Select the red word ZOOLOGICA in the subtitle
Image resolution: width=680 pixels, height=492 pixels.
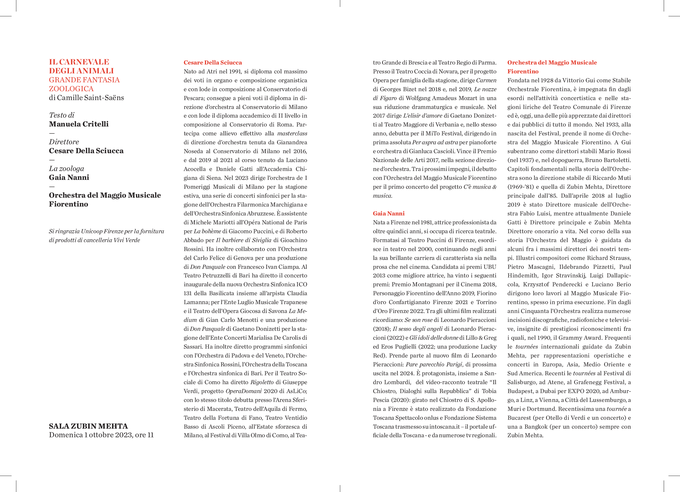point(71,89)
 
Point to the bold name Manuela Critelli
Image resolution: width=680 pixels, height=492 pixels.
point(79,124)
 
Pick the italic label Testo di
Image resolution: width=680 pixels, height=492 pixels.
point(61,115)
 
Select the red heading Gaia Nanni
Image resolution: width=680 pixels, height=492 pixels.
point(388,213)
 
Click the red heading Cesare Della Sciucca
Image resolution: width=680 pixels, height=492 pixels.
point(213,63)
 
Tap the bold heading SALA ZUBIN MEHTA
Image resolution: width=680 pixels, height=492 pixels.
point(88,426)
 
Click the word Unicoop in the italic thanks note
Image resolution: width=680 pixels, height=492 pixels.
point(92,231)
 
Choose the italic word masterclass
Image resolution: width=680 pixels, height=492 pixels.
point(292,133)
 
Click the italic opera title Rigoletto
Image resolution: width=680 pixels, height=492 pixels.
point(262,382)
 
